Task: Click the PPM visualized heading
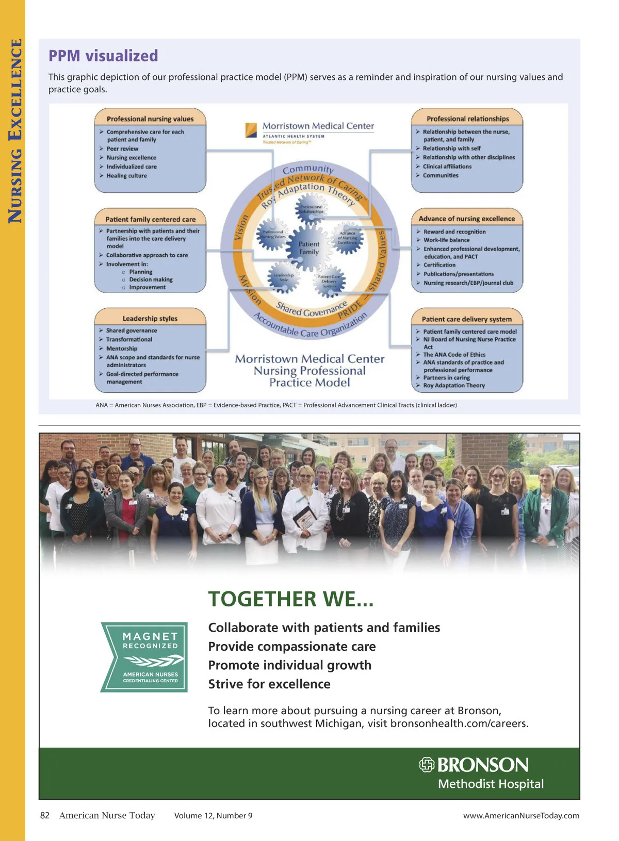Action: point(103,56)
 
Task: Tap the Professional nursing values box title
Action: point(150,119)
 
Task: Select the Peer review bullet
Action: point(122,149)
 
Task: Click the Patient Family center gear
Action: point(309,248)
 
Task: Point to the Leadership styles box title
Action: point(150,319)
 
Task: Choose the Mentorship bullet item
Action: point(122,349)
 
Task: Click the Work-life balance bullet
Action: point(446,240)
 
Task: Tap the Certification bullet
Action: point(439,265)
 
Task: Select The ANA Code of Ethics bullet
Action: point(454,355)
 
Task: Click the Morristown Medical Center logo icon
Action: point(251,129)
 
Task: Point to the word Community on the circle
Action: point(308,169)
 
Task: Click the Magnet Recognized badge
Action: point(144,657)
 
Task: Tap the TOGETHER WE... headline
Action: point(290,599)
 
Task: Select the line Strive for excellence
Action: point(269,684)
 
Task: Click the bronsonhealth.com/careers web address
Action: point(459,723)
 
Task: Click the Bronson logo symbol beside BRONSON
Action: point(427,765)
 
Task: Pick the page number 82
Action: point(45,815)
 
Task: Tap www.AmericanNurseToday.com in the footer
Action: point(521,816)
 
